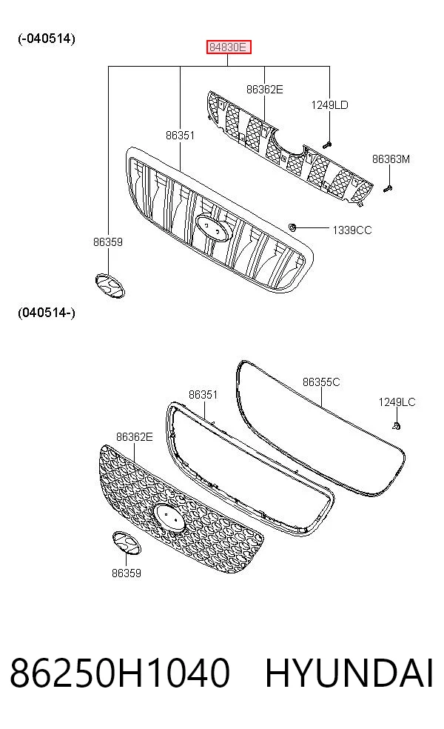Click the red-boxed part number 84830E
(x=229, y=47)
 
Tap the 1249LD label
(x=329, y=105)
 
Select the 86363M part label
(x=391, y=159)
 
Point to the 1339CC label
(x=352, y=230)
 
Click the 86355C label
(x=321, y=382)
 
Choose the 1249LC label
(x=397, y=402)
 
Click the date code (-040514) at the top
(x=47, y=39)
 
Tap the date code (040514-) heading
(x=47, y=313)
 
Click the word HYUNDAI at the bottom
(x=349, y=673)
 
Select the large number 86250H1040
(x=120, y=673)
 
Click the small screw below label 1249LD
(x=327, y=145)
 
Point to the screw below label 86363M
(x=388, y=188)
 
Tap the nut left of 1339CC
(x=292, y=227)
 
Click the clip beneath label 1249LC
(x=396, y=425)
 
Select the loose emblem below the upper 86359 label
(x=110, y=285)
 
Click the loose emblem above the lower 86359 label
(x=127, y=542)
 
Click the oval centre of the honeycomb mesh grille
(x=169, y=517)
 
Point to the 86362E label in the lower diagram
(x=134, y=436)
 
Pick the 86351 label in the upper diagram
(x=181, y=136)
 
